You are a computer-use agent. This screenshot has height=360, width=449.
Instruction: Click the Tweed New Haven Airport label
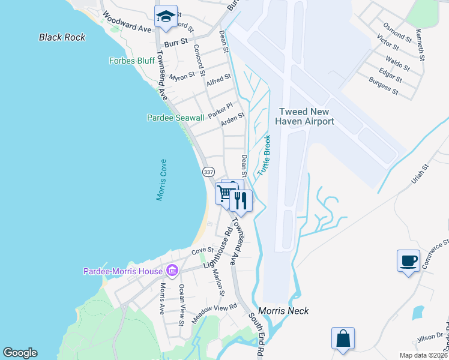(x=304, y=116)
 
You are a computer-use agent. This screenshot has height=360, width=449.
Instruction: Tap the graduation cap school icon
(x=165, y=16)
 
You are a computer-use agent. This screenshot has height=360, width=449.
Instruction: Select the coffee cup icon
(x=408, y=261)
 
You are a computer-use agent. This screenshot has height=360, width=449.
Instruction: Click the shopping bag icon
(x=343, y=338)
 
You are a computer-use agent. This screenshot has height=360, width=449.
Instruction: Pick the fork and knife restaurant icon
(x=241, y=200)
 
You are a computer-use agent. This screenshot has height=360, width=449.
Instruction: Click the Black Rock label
(x=62, y=37)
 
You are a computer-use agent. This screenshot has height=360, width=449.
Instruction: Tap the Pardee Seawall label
(x=176, y=118)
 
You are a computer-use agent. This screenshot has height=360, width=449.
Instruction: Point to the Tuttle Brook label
(x=264, y=155)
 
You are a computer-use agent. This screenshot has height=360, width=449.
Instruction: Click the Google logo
(x=20, y=353)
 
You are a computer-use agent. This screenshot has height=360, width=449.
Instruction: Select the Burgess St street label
(x=384, y=86)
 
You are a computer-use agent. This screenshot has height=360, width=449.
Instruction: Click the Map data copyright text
(x=423, y=355)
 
